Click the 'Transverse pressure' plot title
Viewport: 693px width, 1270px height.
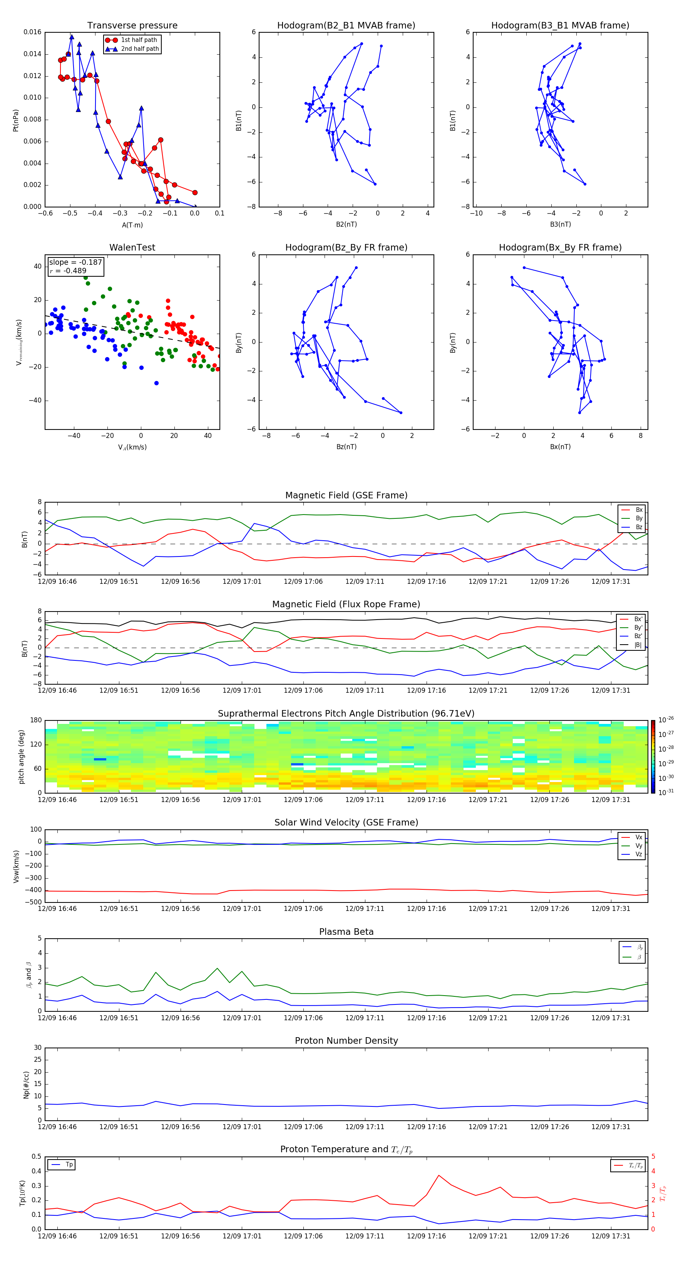132,26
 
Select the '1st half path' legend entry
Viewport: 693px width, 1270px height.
139,40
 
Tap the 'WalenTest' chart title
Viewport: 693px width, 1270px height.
132,247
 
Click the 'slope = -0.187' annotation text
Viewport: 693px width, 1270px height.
75,262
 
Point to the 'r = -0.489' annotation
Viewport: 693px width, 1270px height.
68,271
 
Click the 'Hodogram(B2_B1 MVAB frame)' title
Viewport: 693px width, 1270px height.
346,26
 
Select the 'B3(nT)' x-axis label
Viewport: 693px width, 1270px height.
560,224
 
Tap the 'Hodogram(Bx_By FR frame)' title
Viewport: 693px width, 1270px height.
560,247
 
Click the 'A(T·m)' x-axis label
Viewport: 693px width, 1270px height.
132,225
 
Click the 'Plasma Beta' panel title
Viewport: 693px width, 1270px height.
346,932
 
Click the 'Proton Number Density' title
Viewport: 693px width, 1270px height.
346,1041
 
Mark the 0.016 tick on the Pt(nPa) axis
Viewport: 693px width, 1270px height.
33,32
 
